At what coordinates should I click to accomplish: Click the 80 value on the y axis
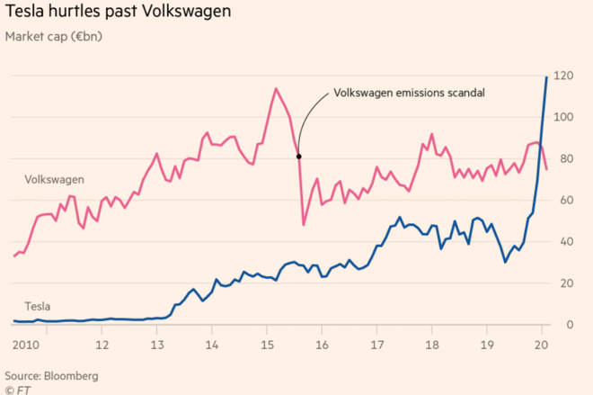[563, 159]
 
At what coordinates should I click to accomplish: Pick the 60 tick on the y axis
[563, 201]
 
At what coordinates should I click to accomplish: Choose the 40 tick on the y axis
[563, 242]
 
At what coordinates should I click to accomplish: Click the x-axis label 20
[541, 345]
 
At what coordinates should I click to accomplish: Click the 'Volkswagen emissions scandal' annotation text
[409, 93]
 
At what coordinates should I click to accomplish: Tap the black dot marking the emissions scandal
[298, 156]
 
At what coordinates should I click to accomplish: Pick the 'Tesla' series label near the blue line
[38, 307]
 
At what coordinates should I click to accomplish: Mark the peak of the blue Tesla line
[547, 77]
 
